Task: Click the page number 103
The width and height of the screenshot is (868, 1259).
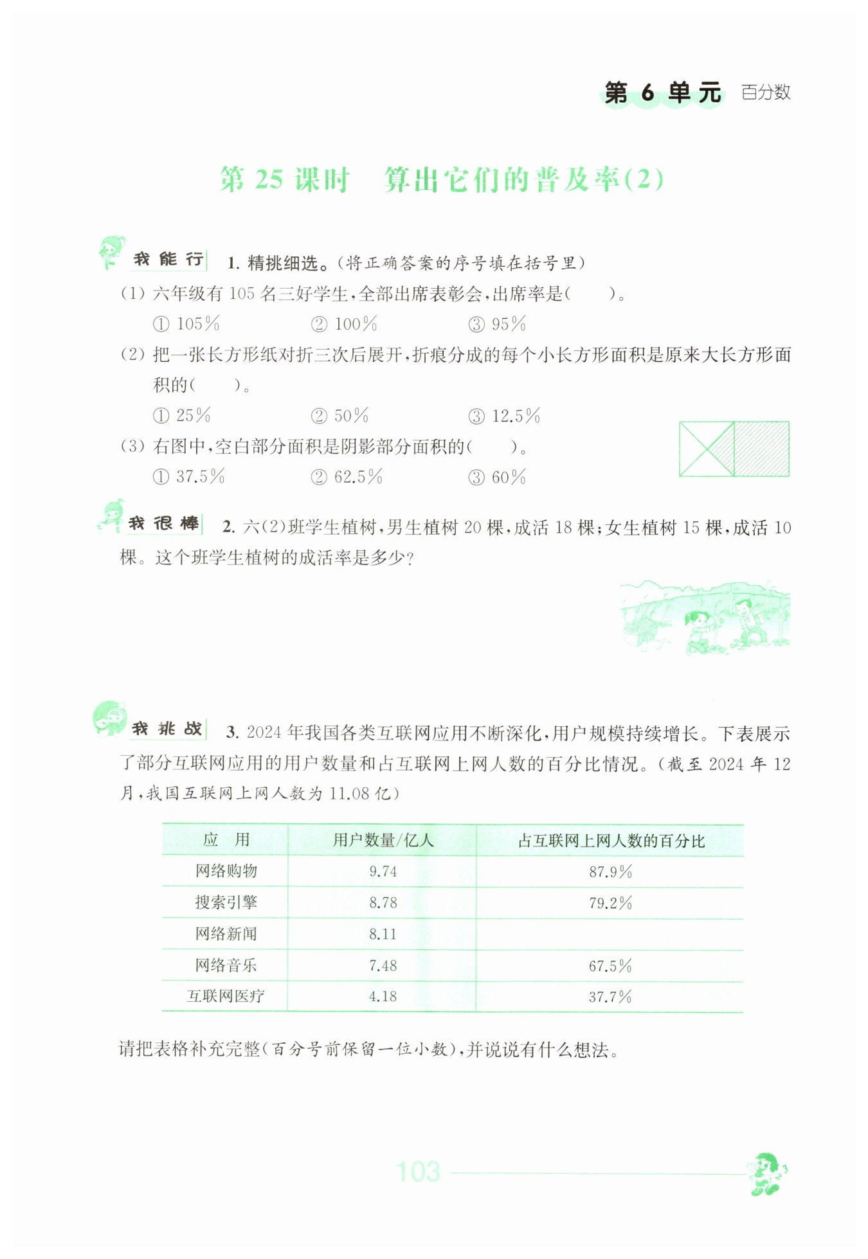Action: pyautogui.click(x=418, y=1172)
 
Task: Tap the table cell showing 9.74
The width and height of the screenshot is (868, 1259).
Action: pyautogui.click(x=383, y=871)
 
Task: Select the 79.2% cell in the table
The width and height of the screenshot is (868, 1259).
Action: pyautogui.click(x=610, y=903)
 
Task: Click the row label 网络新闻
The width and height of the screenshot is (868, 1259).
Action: pyautogui.click(x=226, y=934)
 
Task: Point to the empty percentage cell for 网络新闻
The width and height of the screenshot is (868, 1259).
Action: pyautogui.click(x=610, y=934)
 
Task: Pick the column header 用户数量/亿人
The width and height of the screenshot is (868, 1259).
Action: pyautogui.click(x=383, y=840)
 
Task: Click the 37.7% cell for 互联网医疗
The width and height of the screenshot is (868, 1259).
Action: pyautogui.click(x=610, y=997)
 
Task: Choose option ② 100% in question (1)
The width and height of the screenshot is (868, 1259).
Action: pyautogui.click(x=344, y=324)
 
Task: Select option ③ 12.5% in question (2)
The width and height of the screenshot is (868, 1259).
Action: pyautogui.click(x=504, y=416)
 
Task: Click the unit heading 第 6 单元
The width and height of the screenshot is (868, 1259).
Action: pyautogui.click(x=662, y=93)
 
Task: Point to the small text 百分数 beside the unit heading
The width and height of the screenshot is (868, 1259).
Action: pyautogui.click(x=765, y=93)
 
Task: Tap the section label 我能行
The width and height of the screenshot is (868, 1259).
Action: pyautogui.click(x=168, y=260)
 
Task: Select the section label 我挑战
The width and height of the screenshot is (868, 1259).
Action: pyautogui.click(x=167, y=729)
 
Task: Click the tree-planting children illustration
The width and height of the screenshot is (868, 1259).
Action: pyautogui.click(x=705, y=617)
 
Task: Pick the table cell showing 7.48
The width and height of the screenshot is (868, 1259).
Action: pyautogui.click(x=383, y=965)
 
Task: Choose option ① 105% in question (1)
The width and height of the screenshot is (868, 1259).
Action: pyautogui.click(x=186, y=324)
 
